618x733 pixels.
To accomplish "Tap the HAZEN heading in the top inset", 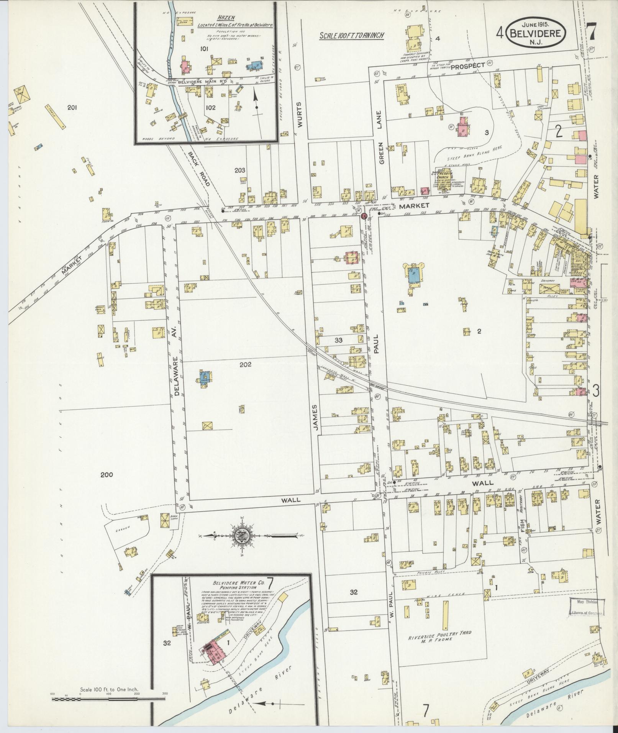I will pyautogui.click(x=226, y=18).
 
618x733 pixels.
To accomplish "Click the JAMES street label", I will pyautogui.click(x=316, y=417).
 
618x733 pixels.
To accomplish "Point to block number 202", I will pyautogui.click(x=245, y=364).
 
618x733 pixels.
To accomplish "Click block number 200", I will pyautogui.click(x=107, y=475).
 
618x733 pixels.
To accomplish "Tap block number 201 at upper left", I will pyautogui.click(x=72, y=108).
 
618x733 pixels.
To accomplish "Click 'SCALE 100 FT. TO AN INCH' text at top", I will pyautogui.click(x=352, y=36).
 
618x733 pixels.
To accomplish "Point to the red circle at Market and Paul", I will pyautogui.click(x=364, y=216).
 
